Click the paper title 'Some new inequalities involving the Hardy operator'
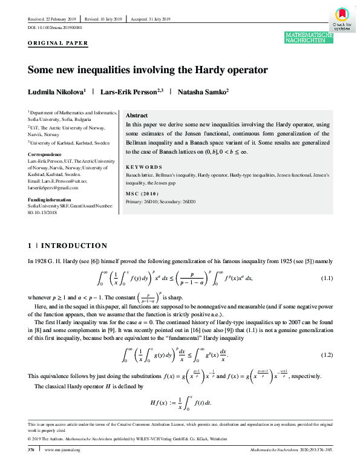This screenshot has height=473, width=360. [148, 70]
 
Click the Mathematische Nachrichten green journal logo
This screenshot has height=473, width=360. [309, 39]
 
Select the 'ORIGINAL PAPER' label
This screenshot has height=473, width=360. [59, 43]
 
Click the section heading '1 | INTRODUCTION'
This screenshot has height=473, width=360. [67, 246]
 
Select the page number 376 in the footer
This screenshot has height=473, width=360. [31, 468]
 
